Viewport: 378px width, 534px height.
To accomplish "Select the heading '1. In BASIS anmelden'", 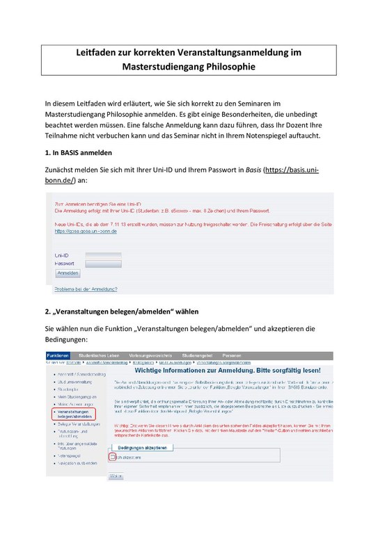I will click(77, 152).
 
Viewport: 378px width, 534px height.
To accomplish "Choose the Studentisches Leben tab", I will click(100, 354).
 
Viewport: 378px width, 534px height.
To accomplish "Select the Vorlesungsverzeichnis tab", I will click(152, 354).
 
